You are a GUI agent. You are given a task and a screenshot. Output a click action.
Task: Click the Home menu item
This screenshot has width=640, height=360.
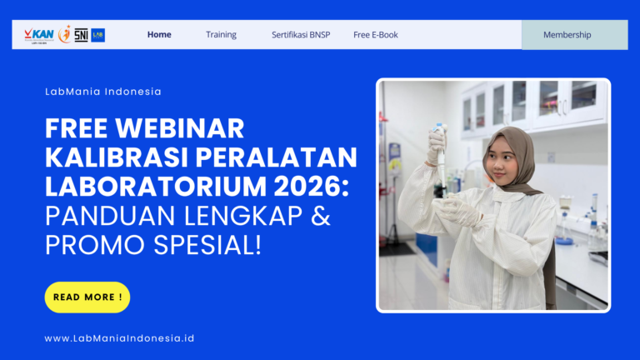coord(159,35)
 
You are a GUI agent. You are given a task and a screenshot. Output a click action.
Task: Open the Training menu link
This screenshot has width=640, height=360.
coord(221,35)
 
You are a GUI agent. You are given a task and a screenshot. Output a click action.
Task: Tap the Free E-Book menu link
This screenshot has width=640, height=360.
coord(376,35)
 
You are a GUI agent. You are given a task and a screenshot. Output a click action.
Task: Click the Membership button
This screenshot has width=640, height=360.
coord(567,35)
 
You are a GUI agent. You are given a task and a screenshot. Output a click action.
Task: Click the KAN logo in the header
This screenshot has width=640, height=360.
coord(39,34)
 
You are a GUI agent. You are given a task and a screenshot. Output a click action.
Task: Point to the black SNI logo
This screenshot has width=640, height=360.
coord(81,35)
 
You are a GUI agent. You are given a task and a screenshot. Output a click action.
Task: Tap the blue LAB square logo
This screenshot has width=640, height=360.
coord(98,35)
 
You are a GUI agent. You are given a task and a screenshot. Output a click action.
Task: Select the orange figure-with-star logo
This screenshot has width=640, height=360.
coord(64,34)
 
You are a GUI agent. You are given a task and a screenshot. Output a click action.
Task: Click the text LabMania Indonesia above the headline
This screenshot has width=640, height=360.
coord(103,92)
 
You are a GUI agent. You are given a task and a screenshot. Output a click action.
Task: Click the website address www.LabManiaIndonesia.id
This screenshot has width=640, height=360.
coord(119,338)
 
